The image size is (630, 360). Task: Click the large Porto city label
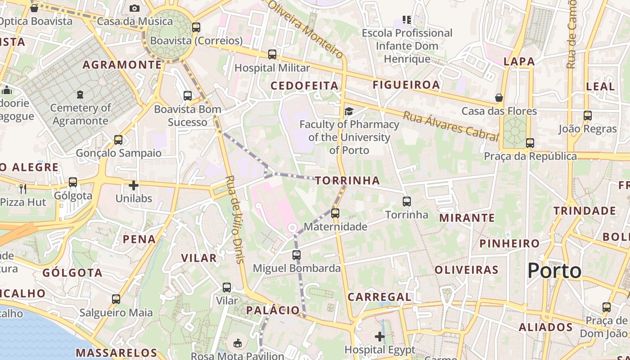[554, 271]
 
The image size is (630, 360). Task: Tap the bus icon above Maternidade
[335, 213]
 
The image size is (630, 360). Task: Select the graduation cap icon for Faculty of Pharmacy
[349, 111]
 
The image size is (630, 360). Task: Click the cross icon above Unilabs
[134, 185]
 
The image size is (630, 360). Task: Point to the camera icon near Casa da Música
[134, 8]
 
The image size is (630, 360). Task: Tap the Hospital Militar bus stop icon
[272, 54]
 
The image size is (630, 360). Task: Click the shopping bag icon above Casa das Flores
[499, 98]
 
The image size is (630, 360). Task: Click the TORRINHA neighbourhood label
[347, 181]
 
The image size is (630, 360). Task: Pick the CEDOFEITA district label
[304, 85]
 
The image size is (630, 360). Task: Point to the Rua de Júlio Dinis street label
[235, 219]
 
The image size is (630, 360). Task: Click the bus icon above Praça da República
[530, 143]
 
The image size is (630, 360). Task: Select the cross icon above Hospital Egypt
[380, 336]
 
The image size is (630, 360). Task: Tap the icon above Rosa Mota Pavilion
[238, 343]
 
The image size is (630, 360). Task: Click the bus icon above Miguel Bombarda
[296, 255]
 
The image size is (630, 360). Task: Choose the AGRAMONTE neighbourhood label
[122, 65]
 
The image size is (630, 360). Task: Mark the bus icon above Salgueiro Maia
[116, 299]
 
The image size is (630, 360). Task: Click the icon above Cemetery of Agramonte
[80, 94]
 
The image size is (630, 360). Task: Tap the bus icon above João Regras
[587, 116]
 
